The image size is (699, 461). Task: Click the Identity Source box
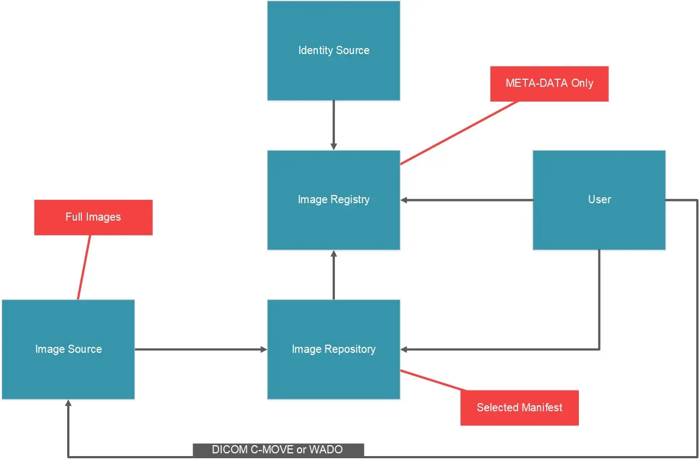coord(333,51)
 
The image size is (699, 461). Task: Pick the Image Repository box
coord(333,371)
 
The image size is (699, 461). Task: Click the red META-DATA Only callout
coord(549,84)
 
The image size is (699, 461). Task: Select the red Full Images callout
coord(93,217)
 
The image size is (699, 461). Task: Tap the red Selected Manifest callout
coord(519,407)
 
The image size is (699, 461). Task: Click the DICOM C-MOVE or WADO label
coord(278,450)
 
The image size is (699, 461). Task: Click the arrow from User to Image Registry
coord(467,200)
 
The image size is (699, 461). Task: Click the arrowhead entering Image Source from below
coord(68,404)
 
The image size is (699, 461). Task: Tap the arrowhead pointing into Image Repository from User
coord(405,349)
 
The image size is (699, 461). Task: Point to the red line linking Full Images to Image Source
coord(84,268)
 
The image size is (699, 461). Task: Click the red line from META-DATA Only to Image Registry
coord(459,132)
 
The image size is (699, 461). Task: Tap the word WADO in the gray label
coord(325,450)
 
